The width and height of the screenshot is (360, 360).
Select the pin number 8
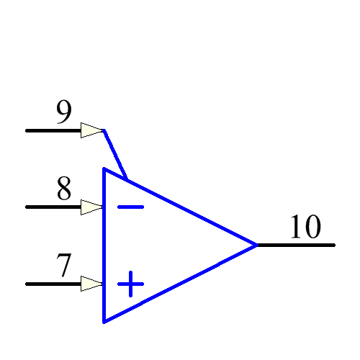click(64, 189)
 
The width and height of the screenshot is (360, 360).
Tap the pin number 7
click(64, 266)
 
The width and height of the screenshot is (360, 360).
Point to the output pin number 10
click(305, 227)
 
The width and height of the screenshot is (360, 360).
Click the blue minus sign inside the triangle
click(130, 207)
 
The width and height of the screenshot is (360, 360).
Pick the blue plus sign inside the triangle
click(130, 284)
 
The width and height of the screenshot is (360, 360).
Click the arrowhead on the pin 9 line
click(92, 130)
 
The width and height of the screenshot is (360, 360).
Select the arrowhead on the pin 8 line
click(92, 207)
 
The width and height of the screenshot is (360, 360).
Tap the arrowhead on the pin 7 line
click(92, 284)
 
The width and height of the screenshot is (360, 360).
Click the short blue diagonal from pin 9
click(115, 154)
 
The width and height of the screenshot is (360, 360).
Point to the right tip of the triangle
click(256, 245)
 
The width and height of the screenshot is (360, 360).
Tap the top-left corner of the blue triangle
click(104, 169)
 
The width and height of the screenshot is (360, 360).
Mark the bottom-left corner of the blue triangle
click(104, 321)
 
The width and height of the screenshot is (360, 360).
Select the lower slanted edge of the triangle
click(180, 283)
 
